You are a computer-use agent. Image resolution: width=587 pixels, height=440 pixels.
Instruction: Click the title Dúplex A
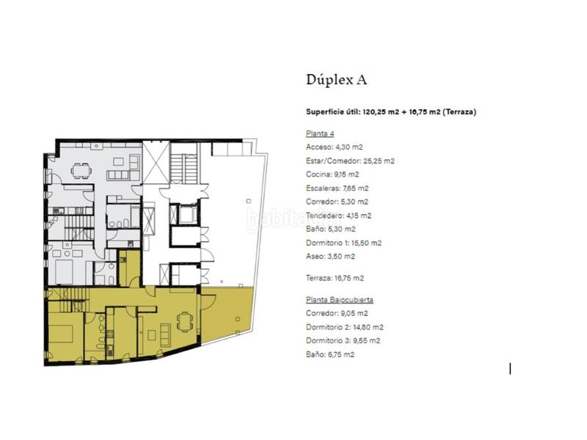tap(335, 79)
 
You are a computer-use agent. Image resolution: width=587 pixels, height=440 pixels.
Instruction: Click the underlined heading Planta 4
tap(320, 133)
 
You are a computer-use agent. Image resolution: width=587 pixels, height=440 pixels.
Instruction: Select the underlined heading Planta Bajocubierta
tap(340, 300)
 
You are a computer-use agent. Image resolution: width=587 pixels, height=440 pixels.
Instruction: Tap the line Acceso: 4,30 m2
tap(335, 147)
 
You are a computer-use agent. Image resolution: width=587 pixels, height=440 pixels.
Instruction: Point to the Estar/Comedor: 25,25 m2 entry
tap(350, 161)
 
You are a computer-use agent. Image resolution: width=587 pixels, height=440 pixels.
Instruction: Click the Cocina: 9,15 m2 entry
tap(332, 175)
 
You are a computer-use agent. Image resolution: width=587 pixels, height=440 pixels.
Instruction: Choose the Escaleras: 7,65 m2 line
tap(337, 188)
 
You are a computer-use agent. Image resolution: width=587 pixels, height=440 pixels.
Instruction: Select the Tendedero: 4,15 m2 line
tap(338, 216)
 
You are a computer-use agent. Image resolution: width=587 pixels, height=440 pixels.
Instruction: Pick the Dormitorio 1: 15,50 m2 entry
tap(344, 243)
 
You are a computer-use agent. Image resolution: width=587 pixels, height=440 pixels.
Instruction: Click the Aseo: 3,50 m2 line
tap(330, 256)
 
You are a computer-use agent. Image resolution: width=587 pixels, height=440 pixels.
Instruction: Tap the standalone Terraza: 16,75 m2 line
tap(335, 278)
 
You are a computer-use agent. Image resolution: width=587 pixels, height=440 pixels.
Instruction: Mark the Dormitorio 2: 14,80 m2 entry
tap(344, 327)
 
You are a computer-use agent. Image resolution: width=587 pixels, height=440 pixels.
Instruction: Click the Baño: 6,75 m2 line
tap(329, 354)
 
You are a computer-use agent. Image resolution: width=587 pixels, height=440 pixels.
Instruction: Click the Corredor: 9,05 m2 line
tap(338, 314)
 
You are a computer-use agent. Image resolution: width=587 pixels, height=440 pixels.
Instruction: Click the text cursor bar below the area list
tap(510, 368)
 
